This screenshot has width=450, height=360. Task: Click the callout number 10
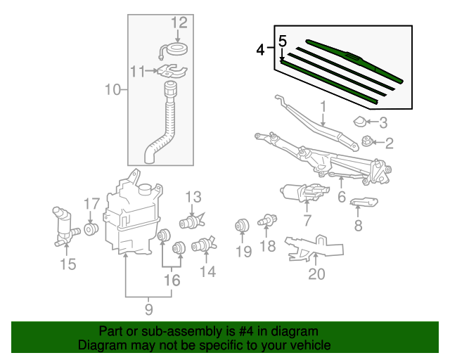click(x=112, y=89)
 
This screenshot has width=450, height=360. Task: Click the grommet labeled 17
click(x=91, y=229)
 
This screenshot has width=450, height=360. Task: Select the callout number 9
click(x=148, y=308)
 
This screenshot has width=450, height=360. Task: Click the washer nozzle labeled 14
click(x=203, y=246)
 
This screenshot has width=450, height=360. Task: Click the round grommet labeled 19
click(x=243, y=226)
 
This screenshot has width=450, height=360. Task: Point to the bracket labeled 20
click(x=314, y=247)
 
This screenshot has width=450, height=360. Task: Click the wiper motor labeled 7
click(x=302, y=191)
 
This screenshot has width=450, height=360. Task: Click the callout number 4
click(x=261, y=51)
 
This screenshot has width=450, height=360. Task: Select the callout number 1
click(x=323, y=107)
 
